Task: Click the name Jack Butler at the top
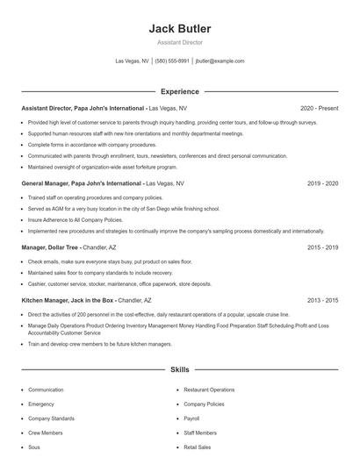tap(180, 29)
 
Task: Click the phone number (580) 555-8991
tap(172, 61)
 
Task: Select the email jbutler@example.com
tap(220, 61)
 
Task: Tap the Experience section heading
tap(180, 91)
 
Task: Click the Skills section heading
tap(180, 370)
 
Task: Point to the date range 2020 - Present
tap(319, 108)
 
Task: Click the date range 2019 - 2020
tap(322, 183)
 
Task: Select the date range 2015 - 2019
tap(322, 247)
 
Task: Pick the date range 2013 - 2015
tap(322, 300)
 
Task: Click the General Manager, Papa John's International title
tap(82, 183)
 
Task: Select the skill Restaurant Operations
tap(209, 390)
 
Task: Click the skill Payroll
tap(191, 418)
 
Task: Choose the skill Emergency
tap(41, 404)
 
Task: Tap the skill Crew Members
tap(46, 433)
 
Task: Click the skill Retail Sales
tap(198, 447)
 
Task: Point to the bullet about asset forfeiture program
tap(103, 167)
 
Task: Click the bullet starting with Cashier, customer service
tap(119, 284)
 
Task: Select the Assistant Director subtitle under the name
tap(180, 42)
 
